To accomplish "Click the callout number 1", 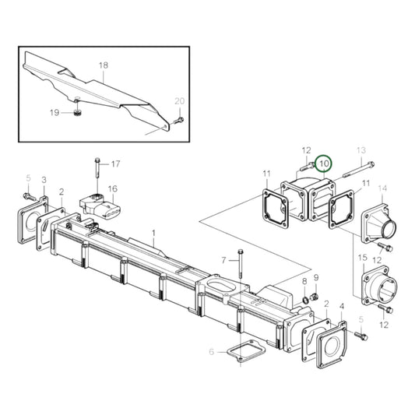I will pos(153,233).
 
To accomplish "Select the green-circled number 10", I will pos(323,165).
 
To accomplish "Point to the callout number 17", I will pos(115,164).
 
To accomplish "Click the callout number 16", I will pos(112,188).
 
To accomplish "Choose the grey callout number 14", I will pos(382,188).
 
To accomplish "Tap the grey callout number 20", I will pos(179,101).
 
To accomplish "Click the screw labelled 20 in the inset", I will pos(178,120).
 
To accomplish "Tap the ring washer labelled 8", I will pos(304,300).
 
